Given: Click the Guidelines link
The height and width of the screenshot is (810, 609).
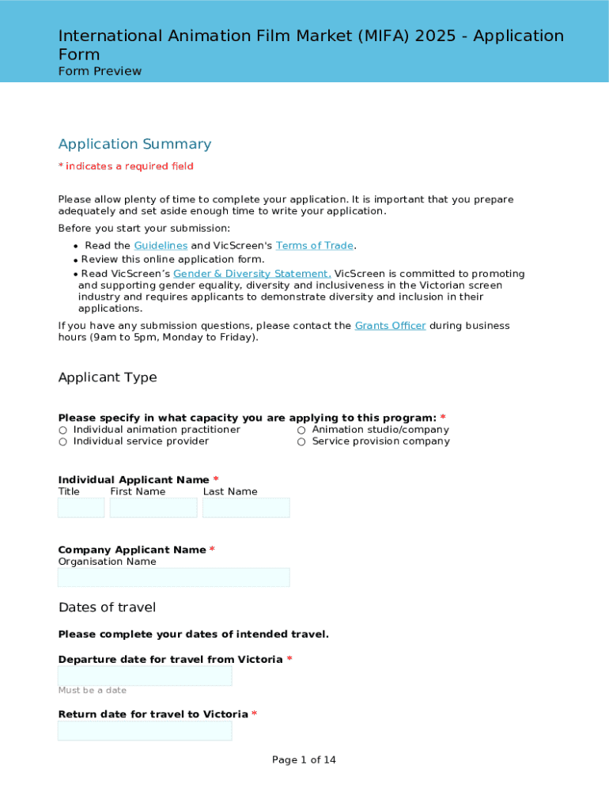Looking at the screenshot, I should coord(161,246).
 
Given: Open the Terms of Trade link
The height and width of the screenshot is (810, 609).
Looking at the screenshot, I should coord(315,246).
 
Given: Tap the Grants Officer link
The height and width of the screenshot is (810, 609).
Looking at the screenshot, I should coord(390,326).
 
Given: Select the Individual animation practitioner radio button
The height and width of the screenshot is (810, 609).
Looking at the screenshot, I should coord(62,430).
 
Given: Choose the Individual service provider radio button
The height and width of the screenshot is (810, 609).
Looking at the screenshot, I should coord(62,442).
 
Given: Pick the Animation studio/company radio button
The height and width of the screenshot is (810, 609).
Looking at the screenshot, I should coord(301,430).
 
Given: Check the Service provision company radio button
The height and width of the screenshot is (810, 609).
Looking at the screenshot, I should coord(301,442).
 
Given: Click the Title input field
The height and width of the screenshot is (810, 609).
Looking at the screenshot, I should coord(81,508).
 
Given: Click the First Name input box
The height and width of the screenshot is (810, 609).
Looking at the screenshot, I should coord(153,508).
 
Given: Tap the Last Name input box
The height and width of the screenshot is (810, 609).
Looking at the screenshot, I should coord(246,508).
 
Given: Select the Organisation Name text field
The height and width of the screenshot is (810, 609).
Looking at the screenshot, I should coord(174,577).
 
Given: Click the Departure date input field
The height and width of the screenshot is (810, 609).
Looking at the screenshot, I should coord(145,676).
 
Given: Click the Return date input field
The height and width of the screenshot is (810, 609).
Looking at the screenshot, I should coord(145,731).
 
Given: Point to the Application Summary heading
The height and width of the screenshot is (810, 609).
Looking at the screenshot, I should coord(134,144).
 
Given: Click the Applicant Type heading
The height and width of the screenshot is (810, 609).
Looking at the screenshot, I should coord(108,377).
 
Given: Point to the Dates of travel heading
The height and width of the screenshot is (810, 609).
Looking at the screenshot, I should coord(107,607).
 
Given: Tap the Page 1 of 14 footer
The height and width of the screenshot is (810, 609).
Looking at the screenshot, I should coord(304,760).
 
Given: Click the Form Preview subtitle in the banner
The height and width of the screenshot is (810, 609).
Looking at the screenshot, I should coord(100,71).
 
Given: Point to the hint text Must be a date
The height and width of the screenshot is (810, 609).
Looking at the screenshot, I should coord(92,691).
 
